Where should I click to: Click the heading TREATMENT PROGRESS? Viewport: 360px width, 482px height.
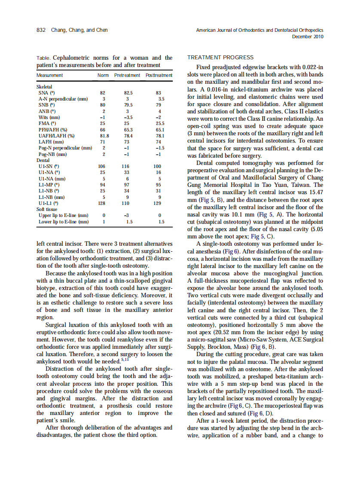(x=220, y=58)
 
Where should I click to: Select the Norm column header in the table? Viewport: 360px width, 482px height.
(x=103, y=75)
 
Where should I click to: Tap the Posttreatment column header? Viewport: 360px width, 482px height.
(x=159, y=75)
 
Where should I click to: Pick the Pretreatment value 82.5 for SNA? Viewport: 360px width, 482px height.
(x=128, y=92)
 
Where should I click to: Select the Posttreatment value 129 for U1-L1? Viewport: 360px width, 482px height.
(x=157, y=203)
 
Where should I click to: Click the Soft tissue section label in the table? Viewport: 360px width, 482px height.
(x=49, y=209)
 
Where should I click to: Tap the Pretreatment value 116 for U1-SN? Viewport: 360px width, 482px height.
(x=125, y=166)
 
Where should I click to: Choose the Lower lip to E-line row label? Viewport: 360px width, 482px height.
(x=64, y=222)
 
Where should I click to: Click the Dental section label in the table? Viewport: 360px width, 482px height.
(x=43, y=160)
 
